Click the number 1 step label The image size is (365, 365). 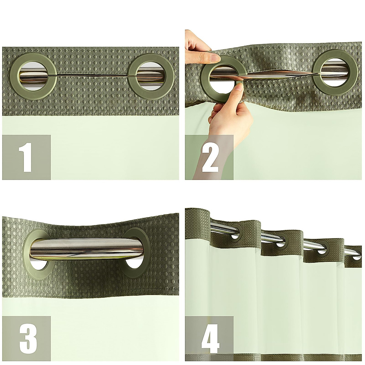[x=26, y=157]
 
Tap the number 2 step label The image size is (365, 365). [x=209, y=157]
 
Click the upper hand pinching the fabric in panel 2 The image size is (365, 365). [x=199, y=49]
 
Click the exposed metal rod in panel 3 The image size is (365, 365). [x=88, y=246]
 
